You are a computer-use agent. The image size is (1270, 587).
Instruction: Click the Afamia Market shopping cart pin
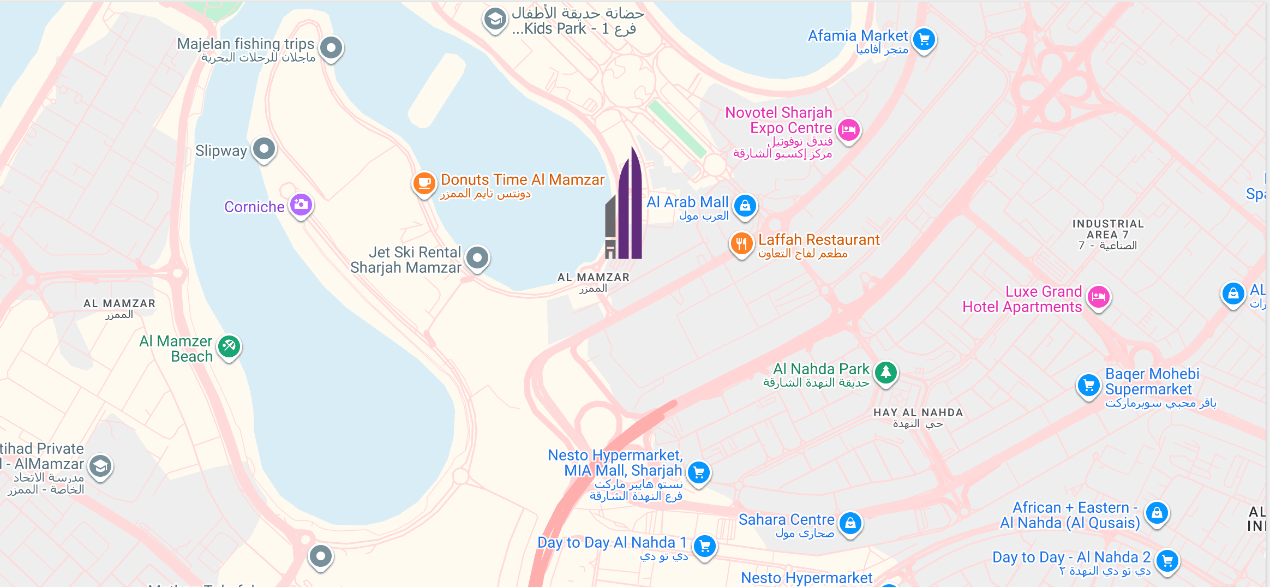(x=924, y=39)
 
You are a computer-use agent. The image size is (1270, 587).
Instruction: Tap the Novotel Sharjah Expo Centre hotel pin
(x=848, y=130)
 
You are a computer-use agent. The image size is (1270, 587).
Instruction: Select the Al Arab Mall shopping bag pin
(x=745, y=206)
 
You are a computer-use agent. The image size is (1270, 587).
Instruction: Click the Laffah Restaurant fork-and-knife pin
(x=741, y=243)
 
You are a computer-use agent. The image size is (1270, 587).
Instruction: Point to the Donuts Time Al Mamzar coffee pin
(x=424, y=183)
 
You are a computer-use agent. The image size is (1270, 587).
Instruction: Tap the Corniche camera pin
(x=301, y=205)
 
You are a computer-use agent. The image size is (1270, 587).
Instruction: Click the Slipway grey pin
(x=265, y=148)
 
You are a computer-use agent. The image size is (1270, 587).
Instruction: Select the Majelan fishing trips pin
(x=331, y=47)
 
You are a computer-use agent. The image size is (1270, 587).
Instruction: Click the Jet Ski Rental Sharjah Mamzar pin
(x=478, y=257)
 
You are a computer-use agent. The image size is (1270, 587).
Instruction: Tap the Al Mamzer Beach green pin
(x=229, y=346)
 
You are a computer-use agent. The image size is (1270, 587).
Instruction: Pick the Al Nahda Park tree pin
(x=886, y=373)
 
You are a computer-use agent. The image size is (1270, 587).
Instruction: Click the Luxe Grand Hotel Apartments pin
(x=1099, y=297)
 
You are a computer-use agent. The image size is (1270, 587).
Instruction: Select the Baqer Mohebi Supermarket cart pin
(x=1088, y=385)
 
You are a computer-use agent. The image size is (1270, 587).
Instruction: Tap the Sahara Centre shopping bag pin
(x=850, y=523)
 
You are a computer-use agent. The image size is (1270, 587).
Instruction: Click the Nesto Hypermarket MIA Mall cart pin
(x=699, y=472)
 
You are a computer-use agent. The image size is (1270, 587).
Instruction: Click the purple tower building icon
(x=624, y=207)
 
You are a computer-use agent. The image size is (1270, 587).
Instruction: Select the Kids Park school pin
(x=495, y=20)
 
